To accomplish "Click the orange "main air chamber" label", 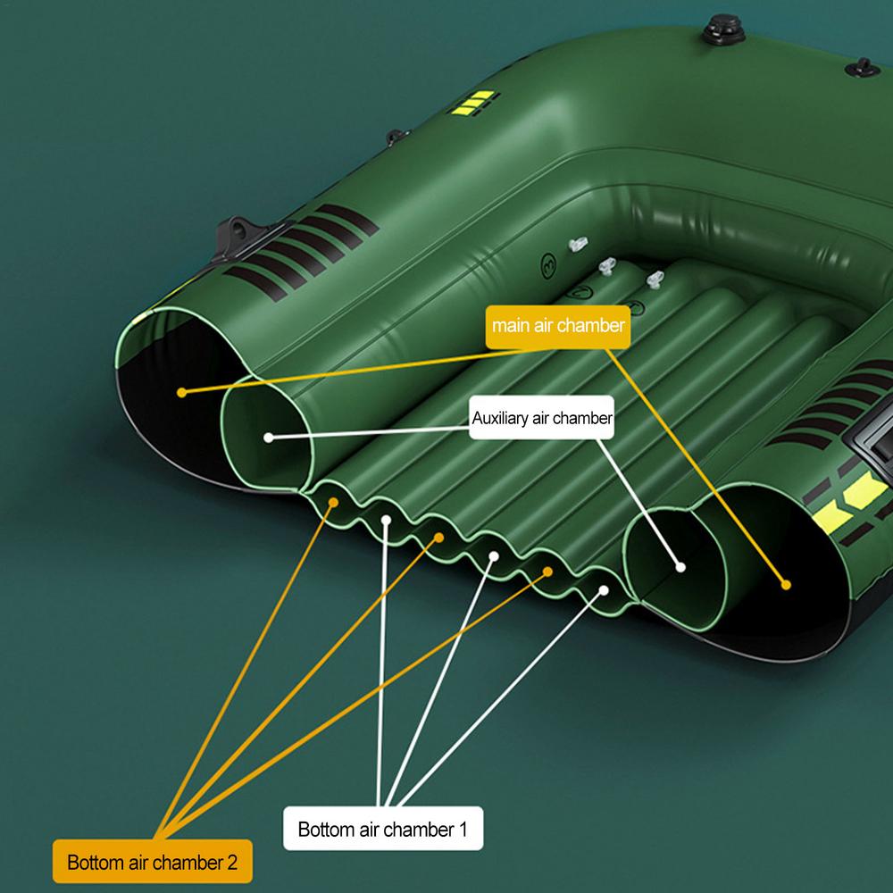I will tap(558, 326).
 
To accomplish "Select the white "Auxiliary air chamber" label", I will tap(542, 418).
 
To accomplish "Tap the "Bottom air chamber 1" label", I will tap(383, 830).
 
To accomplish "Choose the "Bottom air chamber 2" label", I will tap(153, 863).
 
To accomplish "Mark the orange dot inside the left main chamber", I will tap(181, 391).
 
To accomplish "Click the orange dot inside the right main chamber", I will tap(786, 585).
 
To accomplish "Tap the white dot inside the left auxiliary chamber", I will tap(268, 437).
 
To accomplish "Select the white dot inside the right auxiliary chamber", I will tap(680, 566).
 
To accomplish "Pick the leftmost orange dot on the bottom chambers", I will tap(334, 503).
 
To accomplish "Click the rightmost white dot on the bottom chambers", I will tap(605, 589).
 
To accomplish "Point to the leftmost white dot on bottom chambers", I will tap(386, 519).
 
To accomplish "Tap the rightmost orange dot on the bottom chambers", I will tap(548, 572).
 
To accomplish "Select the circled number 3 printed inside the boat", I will tap(549, 263).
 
